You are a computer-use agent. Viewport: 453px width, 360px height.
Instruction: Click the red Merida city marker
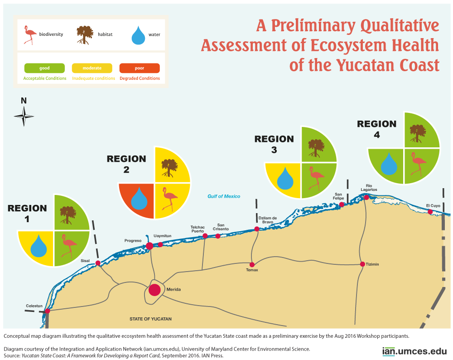pyautogui.click(x=155, y=290)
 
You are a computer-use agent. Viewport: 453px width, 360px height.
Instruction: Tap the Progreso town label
pyautogui.click(x=133, y=240)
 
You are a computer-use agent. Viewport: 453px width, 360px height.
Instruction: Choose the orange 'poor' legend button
pyautogui.click(x=140, y=68)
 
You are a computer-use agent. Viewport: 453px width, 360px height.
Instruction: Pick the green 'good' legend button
pyautogui.click(x=44, y=68)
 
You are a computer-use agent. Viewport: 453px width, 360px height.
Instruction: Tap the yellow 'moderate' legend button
pyautogui.click(x=92, y=68)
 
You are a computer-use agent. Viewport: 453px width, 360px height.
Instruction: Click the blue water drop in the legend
pyautogui.click(x=140, y=35)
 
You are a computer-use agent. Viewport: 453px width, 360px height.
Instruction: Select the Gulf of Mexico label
pyautogui.click(x=224, y=196)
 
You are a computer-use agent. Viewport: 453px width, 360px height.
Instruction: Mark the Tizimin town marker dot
pyautogui.click(x=362, y=264)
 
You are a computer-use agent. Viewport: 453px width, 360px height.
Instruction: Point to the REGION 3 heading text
pyautogui.click(x=274, y=144)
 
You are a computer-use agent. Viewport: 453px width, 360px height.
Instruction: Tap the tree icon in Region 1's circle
pyautogui.click(x=68, y=214)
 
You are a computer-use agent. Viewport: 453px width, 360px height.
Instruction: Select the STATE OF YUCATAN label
pyautogui.click(x=150, y=319)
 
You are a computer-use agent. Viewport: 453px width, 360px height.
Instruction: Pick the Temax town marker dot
pyautogui.click(x=252, y=264)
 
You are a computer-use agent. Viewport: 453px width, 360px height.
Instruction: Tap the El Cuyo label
pyautogui.click(x=433, y=206)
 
